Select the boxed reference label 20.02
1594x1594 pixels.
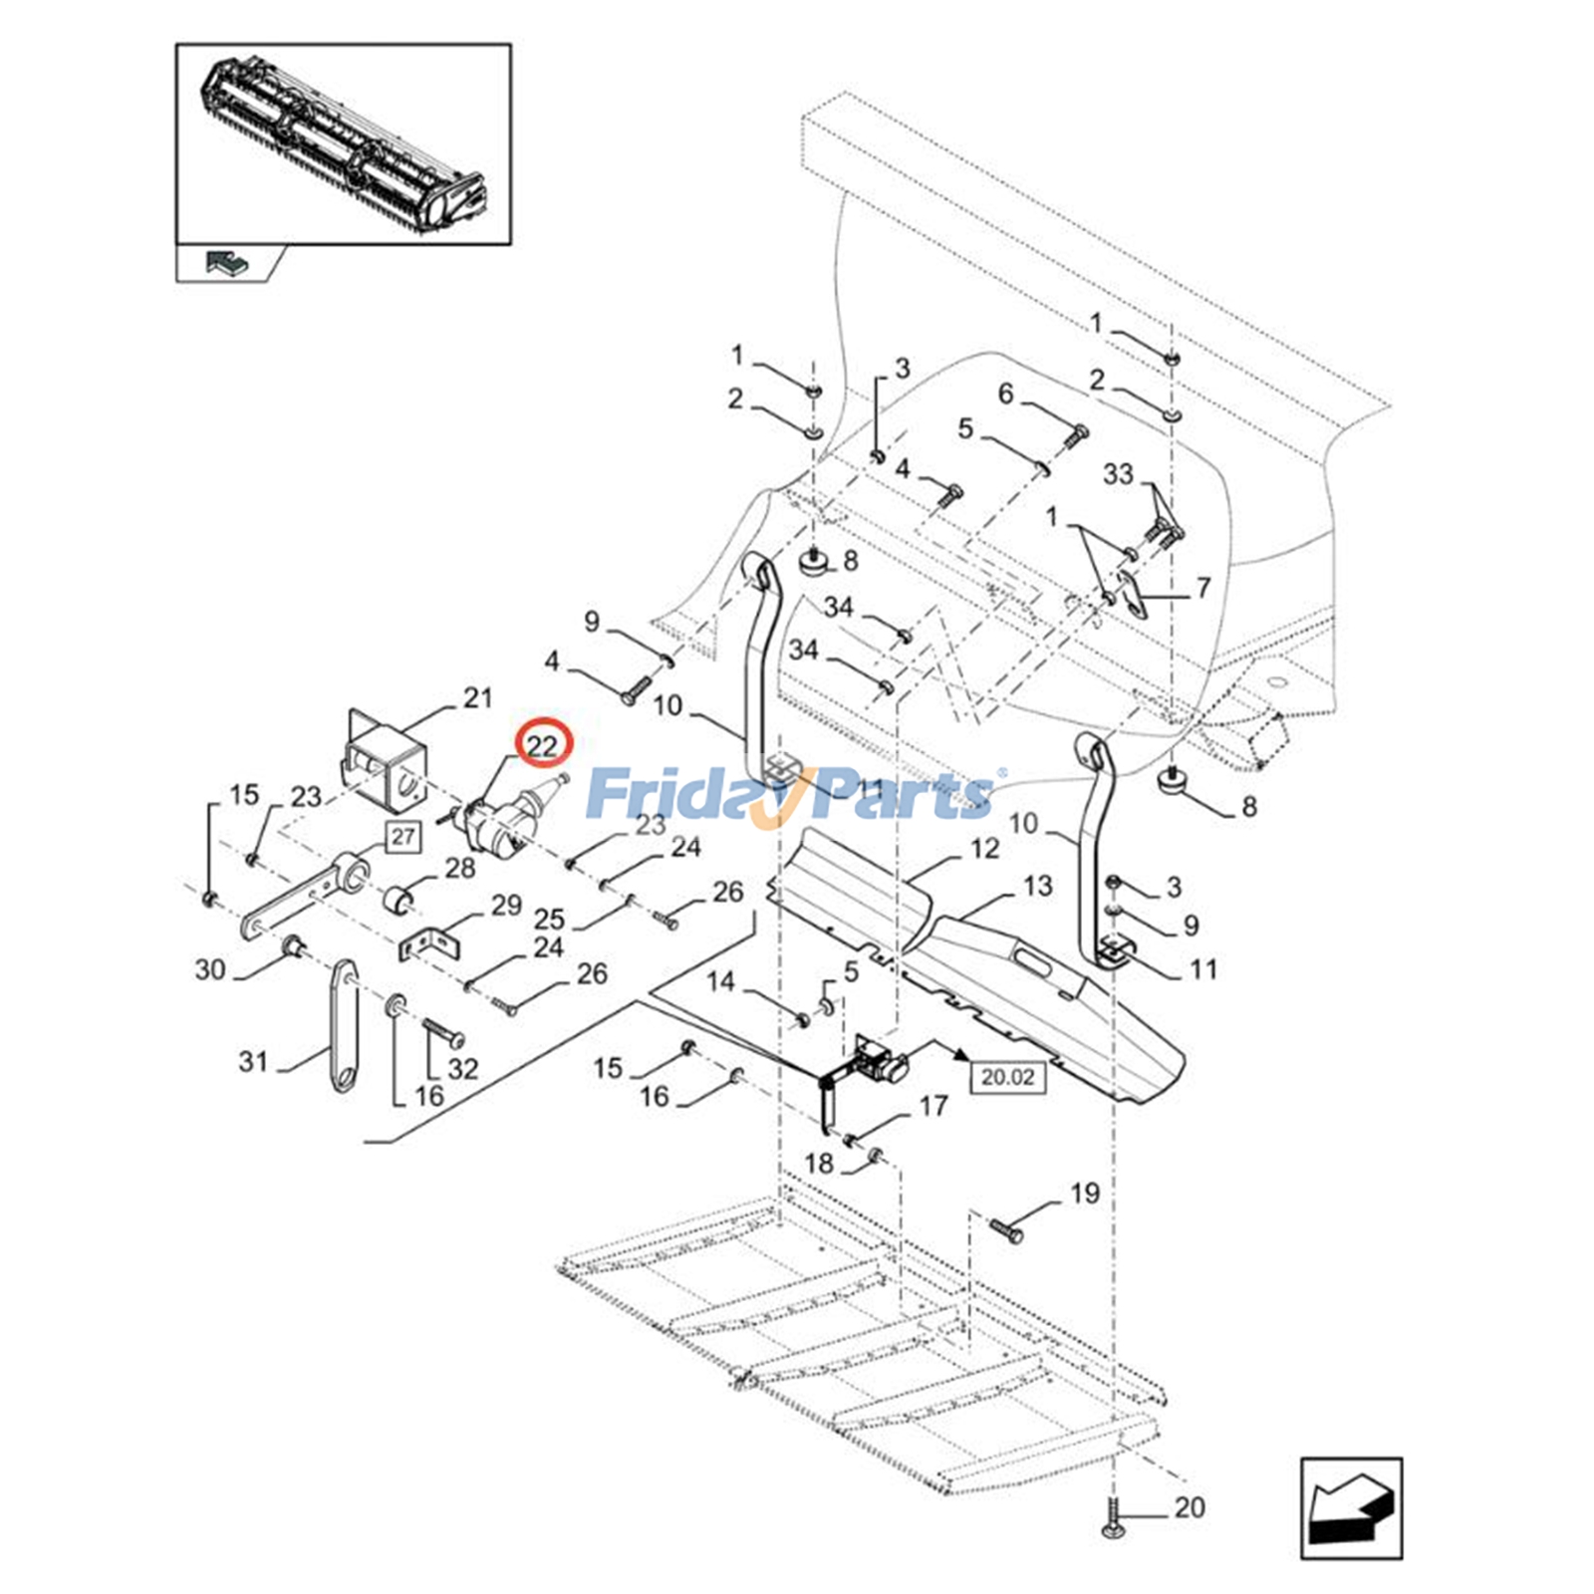[1007, 1077]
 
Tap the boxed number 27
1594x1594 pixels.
[402, 837]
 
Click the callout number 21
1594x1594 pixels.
[478, 697]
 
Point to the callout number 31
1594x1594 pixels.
[253, 1062]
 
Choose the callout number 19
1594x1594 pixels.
[1085, 1194]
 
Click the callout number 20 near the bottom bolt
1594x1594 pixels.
[1190, 1508]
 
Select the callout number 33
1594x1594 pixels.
[1118, 473]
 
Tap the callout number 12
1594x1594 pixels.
[984, 848]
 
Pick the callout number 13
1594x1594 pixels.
[1037, 886]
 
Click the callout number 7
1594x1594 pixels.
[1202, 588]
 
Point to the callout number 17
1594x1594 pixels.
[932, 1106]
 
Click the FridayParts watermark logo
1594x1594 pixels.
[792, 792]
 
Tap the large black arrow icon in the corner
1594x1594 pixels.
[1351, 1508]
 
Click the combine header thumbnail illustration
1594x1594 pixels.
[344, 144]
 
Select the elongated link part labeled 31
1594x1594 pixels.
[343, 1026]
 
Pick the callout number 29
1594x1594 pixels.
[506, 905]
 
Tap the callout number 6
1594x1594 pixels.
[1005, 395]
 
